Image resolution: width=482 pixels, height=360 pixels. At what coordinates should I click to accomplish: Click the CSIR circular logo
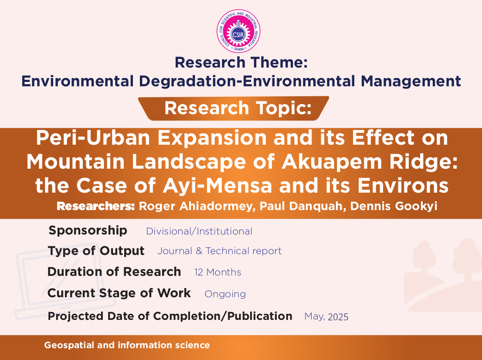(x=238, y=31)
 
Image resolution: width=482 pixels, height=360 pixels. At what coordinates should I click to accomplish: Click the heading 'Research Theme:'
(x=241, y=62)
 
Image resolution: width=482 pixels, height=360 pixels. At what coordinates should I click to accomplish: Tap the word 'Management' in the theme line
(x=411, y=81)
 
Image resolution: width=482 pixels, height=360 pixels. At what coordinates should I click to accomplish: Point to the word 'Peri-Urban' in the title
(x=93, y=138)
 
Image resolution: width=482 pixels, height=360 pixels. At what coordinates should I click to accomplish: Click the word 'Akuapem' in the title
(x=332, y=162)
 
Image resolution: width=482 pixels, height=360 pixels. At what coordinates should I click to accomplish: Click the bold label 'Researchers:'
(x=95, y=206)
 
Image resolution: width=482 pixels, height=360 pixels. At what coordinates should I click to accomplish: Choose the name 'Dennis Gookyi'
(x=394, y=206)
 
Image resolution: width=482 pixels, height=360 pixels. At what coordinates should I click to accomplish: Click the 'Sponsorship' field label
(x=88, y=230)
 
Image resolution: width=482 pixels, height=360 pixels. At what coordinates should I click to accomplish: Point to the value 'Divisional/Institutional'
(x=199, y=231)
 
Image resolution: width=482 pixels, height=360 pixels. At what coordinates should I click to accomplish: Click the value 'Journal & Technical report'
(x=220, y=251)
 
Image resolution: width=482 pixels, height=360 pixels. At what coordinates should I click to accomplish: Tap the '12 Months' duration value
(x=217, y=272)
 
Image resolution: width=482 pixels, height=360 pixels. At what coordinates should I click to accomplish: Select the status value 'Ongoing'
(x=225, y=294)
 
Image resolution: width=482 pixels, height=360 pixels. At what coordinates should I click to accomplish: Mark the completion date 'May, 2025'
(x=326, y=317)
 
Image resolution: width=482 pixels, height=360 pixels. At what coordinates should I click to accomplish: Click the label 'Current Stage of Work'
(x=119, y=293)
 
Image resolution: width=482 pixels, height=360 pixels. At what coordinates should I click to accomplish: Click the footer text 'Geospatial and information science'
(x=127, y=345)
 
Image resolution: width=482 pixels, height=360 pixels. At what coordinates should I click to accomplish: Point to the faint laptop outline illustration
(x=64, y=284)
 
